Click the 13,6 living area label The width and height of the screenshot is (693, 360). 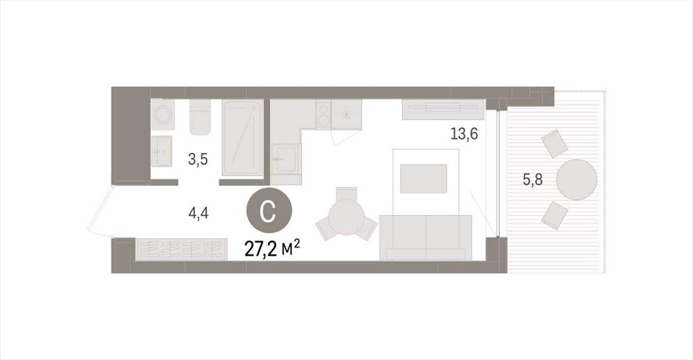click(x=464, y=133)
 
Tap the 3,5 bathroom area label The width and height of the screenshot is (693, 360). click(x=198, y=159)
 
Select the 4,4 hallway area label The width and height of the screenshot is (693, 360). click(x=198, y=214)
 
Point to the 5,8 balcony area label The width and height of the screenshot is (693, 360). click(x=533, y=180)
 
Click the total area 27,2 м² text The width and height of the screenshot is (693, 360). click(x=272, y=249)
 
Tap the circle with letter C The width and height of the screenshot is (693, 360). click(x=269, y=211)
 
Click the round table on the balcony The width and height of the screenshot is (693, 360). click(x=577, y=180)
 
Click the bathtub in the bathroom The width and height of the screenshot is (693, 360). click(x=242, y=138)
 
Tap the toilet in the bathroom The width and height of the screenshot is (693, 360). click(x=200, y=117)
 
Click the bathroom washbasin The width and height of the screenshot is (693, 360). click(x=161, y=152)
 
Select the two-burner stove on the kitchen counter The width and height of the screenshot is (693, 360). click(x=323, y=114)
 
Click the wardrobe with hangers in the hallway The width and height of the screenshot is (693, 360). click(x=181, y=249)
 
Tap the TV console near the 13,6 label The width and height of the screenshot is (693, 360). click(x=443, y=109)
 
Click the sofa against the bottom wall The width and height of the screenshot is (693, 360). click(x=426, y=238)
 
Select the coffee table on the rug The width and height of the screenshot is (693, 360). click(x=424, y=179)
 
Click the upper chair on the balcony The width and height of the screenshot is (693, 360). click(x=555, y=143)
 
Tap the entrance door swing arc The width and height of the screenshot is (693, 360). click(x=96, y=210)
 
